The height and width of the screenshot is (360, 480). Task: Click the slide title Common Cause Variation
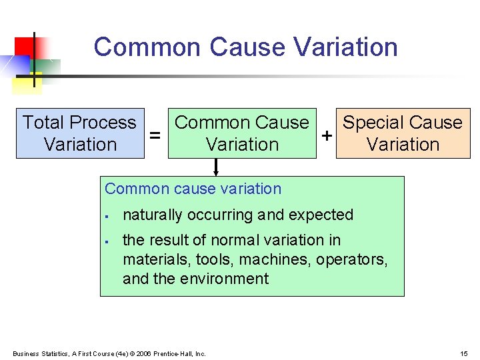tap(245, 47)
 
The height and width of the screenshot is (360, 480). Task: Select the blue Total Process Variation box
tap(80, 133)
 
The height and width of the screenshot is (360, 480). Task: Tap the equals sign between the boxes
tap(155, 135)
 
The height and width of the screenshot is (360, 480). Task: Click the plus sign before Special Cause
tap(327, 135)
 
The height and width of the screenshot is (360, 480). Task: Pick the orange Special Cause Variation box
tap(403, 133)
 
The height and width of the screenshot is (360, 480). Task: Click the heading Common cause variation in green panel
tap(193, 189)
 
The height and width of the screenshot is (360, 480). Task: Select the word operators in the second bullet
tap(354, 259)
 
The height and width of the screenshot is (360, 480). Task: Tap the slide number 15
tap(464, 353)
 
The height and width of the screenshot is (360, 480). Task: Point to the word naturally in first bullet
tap(153, 215)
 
